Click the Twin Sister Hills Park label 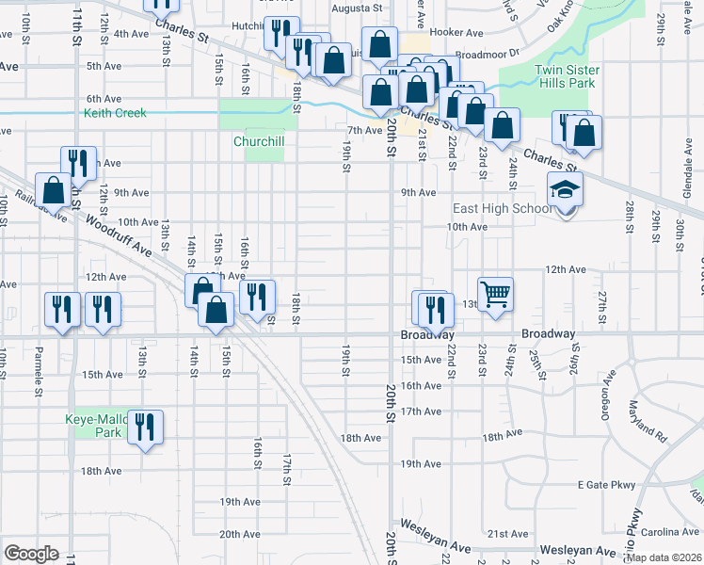(565, 76)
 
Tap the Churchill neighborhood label (259, 141)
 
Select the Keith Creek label (116, 113)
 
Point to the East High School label (502, 208)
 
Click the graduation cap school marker (566, 191)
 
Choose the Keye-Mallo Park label (94, 426)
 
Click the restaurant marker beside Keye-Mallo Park (144, 428)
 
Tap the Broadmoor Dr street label (487, 55)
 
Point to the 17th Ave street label (421, 412)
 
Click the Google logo (31, 554)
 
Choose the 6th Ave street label (104, 99)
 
